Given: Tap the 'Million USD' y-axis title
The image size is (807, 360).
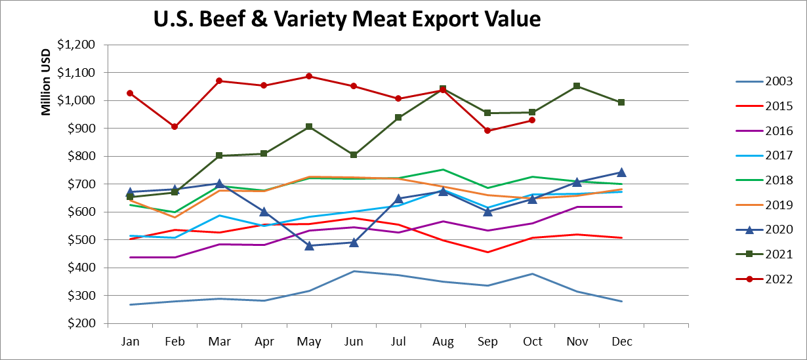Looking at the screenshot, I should tap(47, 83).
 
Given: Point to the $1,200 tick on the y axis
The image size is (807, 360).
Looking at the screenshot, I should tap(76, 45).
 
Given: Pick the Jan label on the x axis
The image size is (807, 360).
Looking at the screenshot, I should tap(131, 342).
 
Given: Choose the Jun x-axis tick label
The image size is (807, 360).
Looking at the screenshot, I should tap(354, 342).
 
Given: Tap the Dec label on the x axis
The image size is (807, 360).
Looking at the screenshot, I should tap(621, 342).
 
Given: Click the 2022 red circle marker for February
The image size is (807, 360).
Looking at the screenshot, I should tap(175, 127).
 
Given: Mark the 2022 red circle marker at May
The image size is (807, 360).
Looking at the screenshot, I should tap(309, 76).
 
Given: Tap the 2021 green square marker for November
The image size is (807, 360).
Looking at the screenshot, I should tap(577, 86).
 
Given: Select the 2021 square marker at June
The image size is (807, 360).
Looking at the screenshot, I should tap(354, 155).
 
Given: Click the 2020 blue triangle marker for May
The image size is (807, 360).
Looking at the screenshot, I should tap(309, 245).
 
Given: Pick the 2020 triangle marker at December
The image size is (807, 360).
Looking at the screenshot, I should tap(621, 172).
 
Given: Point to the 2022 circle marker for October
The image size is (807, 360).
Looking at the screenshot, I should tap(532, 120).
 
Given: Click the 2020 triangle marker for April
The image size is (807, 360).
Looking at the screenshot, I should tap(264, 212).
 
